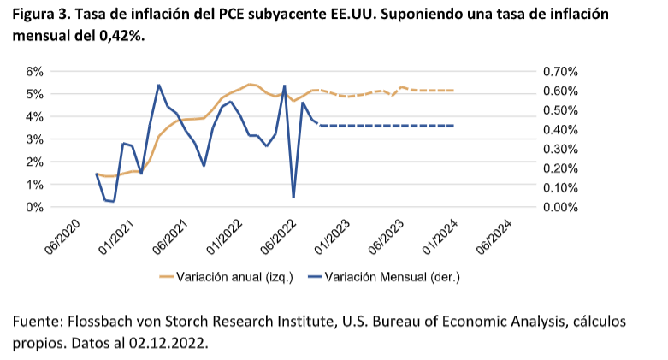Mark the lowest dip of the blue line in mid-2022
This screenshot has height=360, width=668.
[293, 197]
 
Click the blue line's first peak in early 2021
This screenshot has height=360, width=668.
[159, 85]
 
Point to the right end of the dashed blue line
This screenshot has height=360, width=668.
[452, 126]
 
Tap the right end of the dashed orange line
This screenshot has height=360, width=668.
[452, 90]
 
